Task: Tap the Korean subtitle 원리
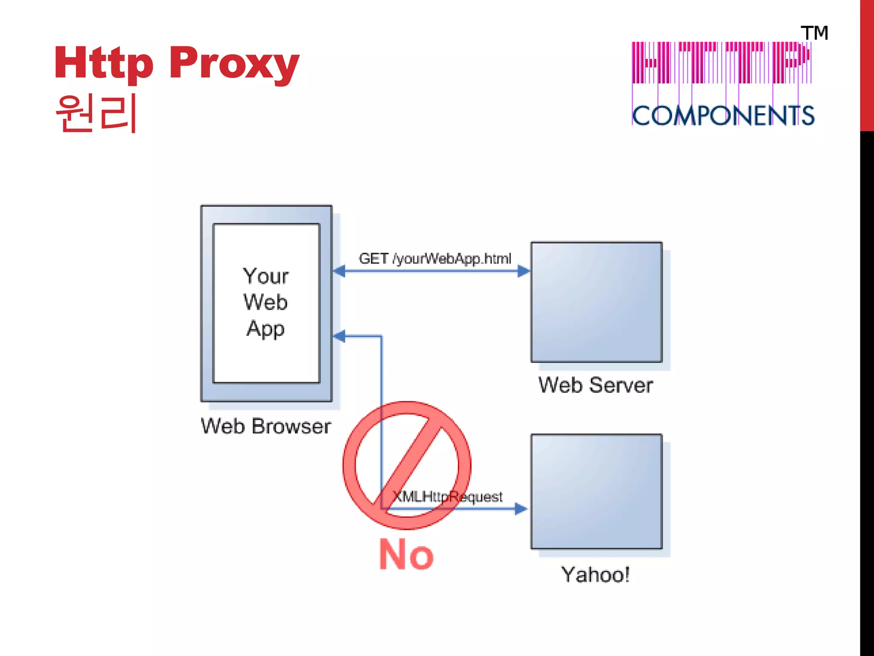point(96,113)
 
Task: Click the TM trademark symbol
point(814,33)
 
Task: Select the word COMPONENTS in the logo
point(723,116)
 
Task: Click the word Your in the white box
point(265,276)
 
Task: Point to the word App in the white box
point(265,329)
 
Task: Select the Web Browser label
point(266,426)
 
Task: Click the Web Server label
point(596,385)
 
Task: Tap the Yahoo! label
point(596,575)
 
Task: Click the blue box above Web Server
point(596,302)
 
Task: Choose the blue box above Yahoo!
point(596,491)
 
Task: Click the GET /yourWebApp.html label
point(435,259)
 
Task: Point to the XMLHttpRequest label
point(447,497)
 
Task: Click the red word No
point(406,554)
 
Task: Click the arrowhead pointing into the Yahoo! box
point(521,509)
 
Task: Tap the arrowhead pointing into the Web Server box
point(524,271)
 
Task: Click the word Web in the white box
point(265,302)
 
